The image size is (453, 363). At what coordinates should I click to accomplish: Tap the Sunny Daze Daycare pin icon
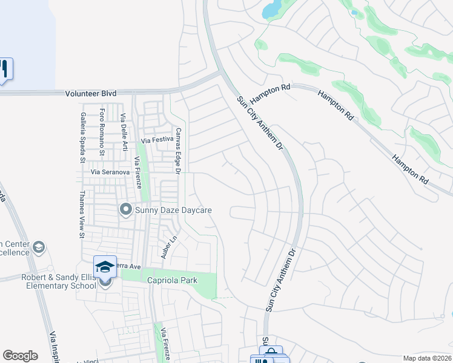click(x=126, y=209)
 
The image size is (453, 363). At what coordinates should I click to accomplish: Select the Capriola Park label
click(x=170, y=281)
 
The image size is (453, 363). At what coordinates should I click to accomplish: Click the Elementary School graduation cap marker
click(x=105, y=266)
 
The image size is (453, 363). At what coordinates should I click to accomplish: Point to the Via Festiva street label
click(x=157, y=140)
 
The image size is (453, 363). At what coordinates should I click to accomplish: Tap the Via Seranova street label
click(x=110, y=172)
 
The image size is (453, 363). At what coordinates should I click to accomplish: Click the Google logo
click(x=20, y=356)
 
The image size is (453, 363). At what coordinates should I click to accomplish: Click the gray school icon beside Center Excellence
click(x=39, y=247)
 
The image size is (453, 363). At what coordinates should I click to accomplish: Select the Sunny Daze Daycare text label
click(x=173, y=210)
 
